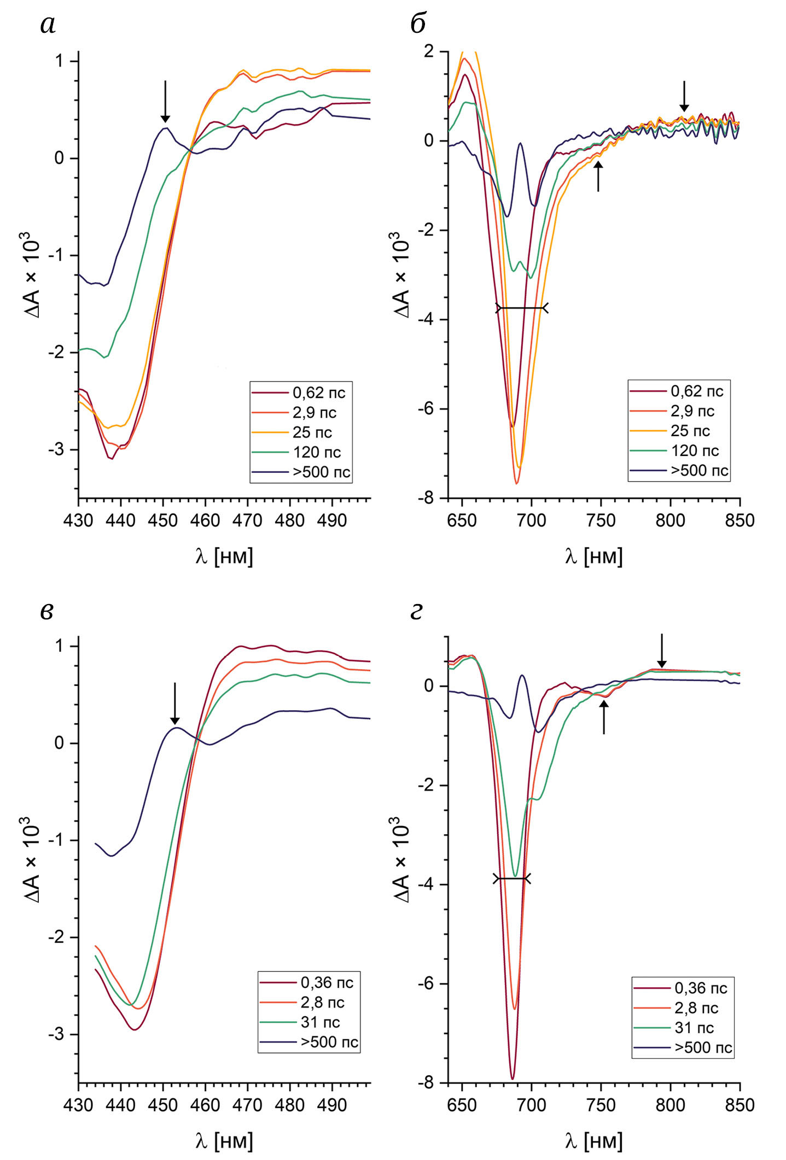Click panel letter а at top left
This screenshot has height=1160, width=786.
(48, 25)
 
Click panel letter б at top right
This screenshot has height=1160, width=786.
(418, 24)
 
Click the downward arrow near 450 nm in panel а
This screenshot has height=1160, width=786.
(165, 102)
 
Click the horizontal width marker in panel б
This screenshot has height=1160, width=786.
(522, 308)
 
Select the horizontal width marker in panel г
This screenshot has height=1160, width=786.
(512, 878)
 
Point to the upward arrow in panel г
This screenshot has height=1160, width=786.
(604, 717)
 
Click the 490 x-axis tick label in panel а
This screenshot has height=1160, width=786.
(331, 520)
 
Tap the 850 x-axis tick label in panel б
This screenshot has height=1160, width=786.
(740, 520)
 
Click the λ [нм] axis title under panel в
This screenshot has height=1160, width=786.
(224, 1141)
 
